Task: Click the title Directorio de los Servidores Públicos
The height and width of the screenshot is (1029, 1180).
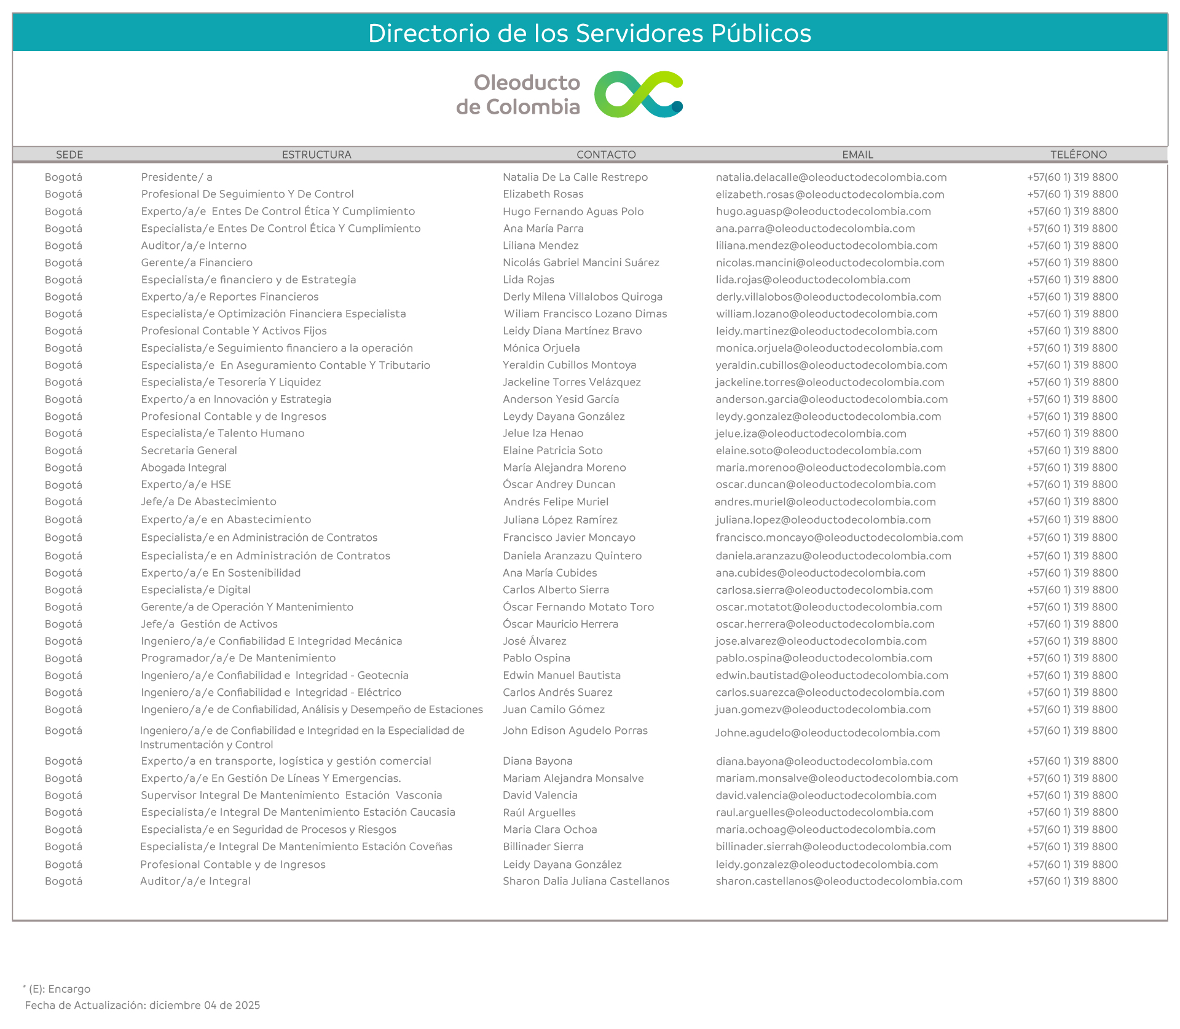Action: pos(589,33)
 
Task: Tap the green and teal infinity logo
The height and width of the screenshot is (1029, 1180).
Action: pos(639,95)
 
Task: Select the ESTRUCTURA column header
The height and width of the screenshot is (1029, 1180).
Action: pos(317,154)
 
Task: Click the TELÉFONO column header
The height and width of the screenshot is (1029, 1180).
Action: pos(1078,154)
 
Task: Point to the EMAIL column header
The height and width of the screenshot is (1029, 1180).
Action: pos(857,154)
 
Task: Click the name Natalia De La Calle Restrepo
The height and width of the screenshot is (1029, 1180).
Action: pos(575,177)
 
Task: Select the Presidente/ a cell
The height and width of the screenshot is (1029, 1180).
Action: pos(176,177)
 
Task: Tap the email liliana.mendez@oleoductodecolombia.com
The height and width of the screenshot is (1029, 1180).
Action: pos(827,245)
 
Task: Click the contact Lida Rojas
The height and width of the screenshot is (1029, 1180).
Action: pos(529,280)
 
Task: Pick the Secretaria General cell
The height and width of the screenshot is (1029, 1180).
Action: pos(189,451)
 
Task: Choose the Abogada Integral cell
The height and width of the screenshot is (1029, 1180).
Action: pos(184,468)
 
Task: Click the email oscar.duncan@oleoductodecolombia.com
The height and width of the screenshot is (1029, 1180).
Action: pos(825,484)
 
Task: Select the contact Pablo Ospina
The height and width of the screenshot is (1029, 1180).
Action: pos(537,658)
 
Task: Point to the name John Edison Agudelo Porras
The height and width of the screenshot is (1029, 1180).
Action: pos(575,730)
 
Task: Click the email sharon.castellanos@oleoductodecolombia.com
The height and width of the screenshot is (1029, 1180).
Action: pos(839,881)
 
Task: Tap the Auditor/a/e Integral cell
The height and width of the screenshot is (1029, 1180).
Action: pos(195,881)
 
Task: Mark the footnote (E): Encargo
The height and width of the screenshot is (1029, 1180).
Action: pos(59,989)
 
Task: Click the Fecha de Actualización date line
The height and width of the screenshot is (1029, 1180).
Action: pos(143,1005)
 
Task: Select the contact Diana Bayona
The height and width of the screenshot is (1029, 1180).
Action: pos(538,761)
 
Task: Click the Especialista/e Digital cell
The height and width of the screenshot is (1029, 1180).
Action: pos(195,589)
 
